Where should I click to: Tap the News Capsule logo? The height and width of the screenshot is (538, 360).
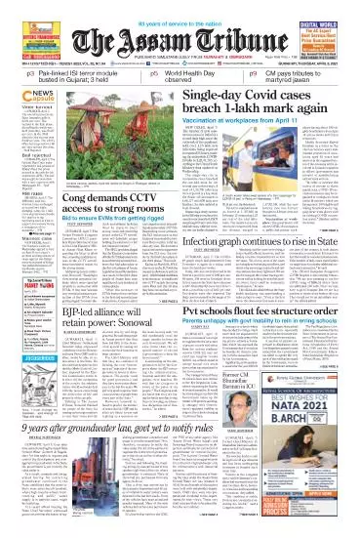[x=21, y=94]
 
